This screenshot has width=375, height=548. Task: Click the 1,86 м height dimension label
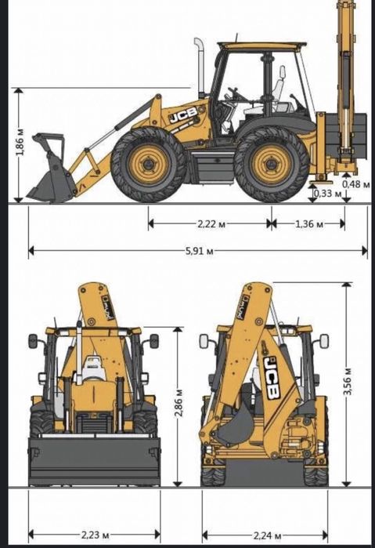(20, 142)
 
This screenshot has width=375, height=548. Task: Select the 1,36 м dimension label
(309, 223)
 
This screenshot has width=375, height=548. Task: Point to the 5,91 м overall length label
(200, 251)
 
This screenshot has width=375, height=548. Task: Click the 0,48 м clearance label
(356, 183)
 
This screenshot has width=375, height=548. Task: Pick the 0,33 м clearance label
(327, 194)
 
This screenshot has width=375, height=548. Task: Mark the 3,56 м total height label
(348, 382)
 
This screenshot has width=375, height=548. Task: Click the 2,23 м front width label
(96, 535)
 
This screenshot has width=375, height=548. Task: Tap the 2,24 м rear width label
(268, 535)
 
